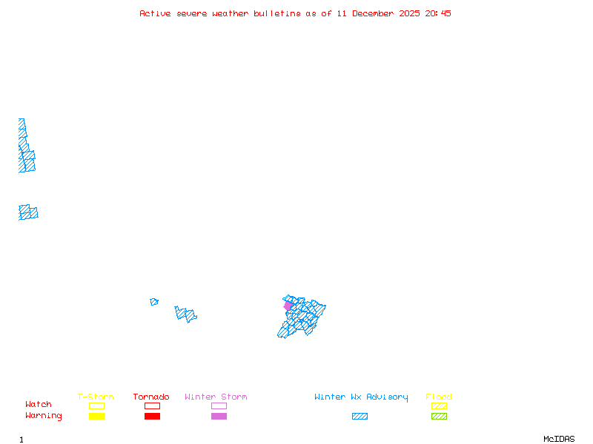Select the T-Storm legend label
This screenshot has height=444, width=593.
point(96,397)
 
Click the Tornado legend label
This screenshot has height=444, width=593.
point(151,397)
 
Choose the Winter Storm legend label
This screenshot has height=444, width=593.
point(216,397)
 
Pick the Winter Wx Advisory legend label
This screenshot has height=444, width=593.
point(361,397)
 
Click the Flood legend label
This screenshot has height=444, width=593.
point(439,397)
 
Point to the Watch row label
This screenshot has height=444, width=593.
point(39,405)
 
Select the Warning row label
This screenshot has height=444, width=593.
point(44,416)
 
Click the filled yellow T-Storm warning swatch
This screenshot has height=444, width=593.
point(96,417)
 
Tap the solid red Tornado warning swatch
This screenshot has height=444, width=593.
point(152,417)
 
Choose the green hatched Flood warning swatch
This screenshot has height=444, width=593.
point(439,417)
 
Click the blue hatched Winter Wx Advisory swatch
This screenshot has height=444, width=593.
point(360,417)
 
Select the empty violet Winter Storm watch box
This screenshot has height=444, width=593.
point(219,406)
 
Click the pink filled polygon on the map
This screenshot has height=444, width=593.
point(288,306)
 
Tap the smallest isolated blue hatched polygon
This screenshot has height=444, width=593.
point(154,302)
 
